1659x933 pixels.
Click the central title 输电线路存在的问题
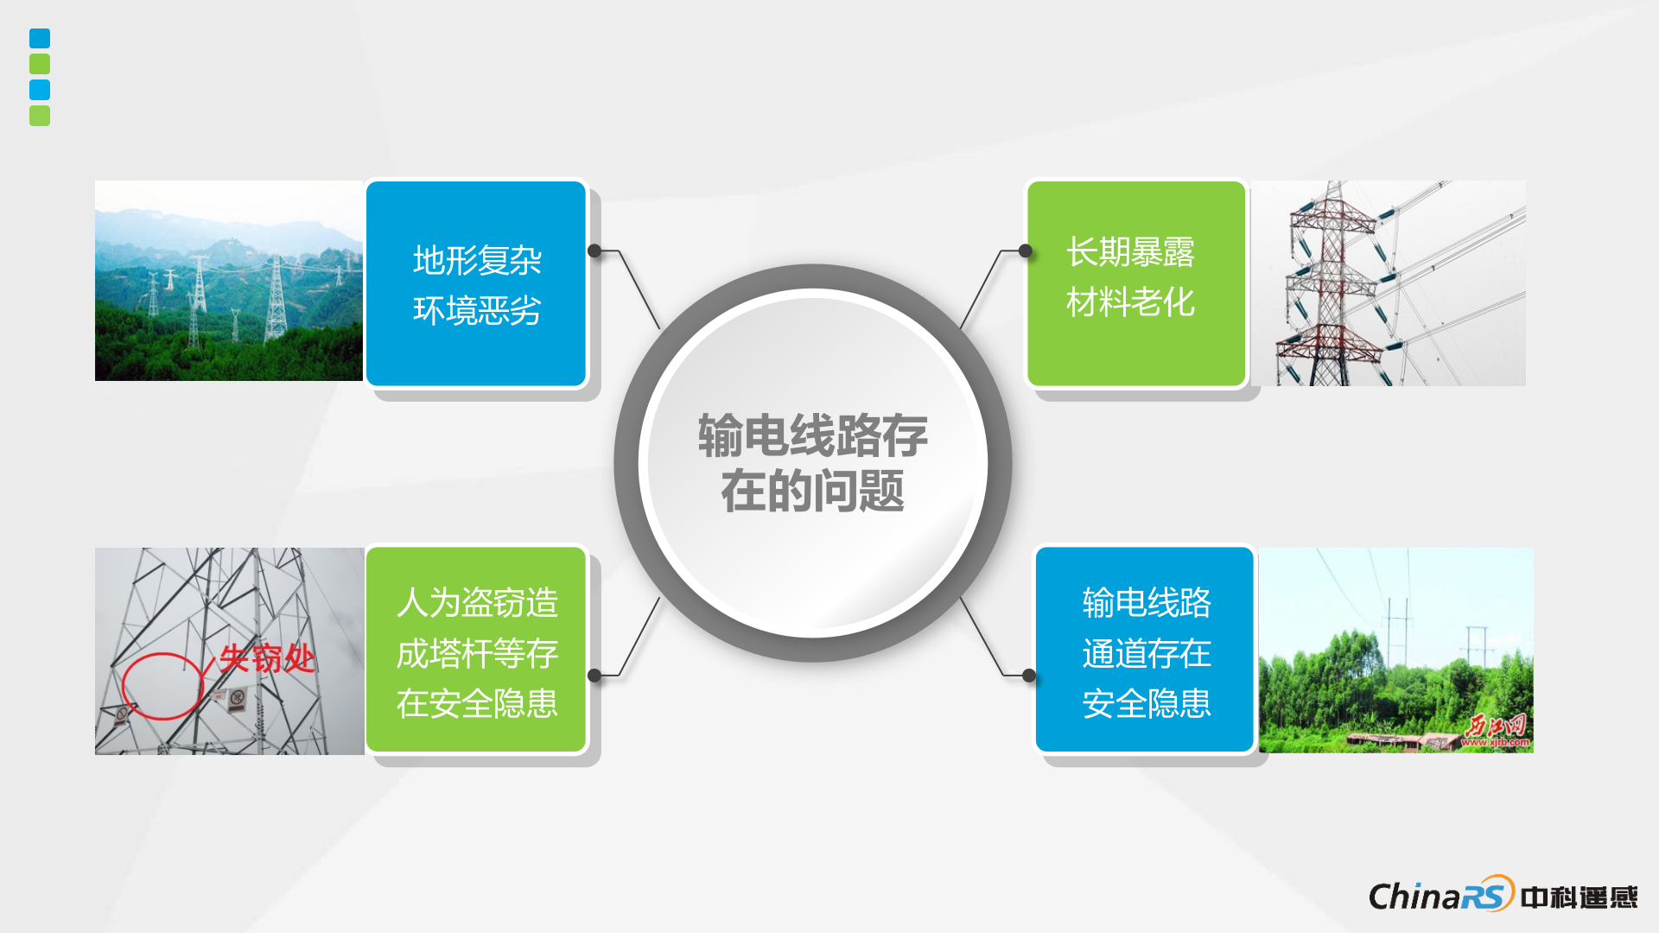click(x=812, y=463)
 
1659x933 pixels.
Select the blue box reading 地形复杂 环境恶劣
click(x=476, y=284)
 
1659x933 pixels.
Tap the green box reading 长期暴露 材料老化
click(x=1135, y=283)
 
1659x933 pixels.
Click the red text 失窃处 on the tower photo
click(x=266, y=658)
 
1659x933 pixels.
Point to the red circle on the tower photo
click(x=162, y=686)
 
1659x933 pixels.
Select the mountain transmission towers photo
click(x=228, y=281)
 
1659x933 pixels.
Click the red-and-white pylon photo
click(x=1389, y=283)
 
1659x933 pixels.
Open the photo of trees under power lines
click(x=1395, y=650)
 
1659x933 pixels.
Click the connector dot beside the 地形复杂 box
click(x=594, y=251)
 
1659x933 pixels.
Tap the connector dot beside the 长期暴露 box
click(x=1026, y=251)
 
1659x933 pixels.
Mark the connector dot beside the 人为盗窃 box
click(x=594, y=675)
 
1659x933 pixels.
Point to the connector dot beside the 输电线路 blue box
click(x=1029, y=675)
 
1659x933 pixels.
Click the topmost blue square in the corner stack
click(x=40, y=38)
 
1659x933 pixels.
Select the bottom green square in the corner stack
click(x=40, y=116)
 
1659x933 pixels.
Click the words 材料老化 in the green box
click(x=1130, y=302)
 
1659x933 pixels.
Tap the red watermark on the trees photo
click(x=1496, y=731)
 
